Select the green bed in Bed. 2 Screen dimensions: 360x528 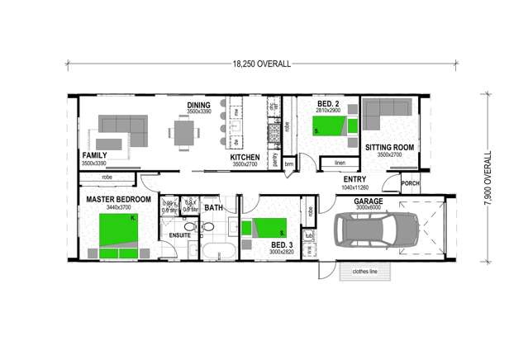coord(331,126)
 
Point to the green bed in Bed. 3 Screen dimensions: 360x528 coord(269,227)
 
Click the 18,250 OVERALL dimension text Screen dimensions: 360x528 coord(261,64)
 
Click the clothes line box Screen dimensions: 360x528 coord(366,271)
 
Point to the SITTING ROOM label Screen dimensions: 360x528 coord(389,148)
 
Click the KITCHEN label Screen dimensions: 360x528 coord(245,158)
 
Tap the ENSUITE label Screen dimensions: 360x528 coord(180,235)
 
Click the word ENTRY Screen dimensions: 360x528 coord(354,179)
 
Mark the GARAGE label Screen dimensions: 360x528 coord(369,201)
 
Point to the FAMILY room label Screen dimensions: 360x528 coord(95,155)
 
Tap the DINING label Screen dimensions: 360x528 coord(198,105)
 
